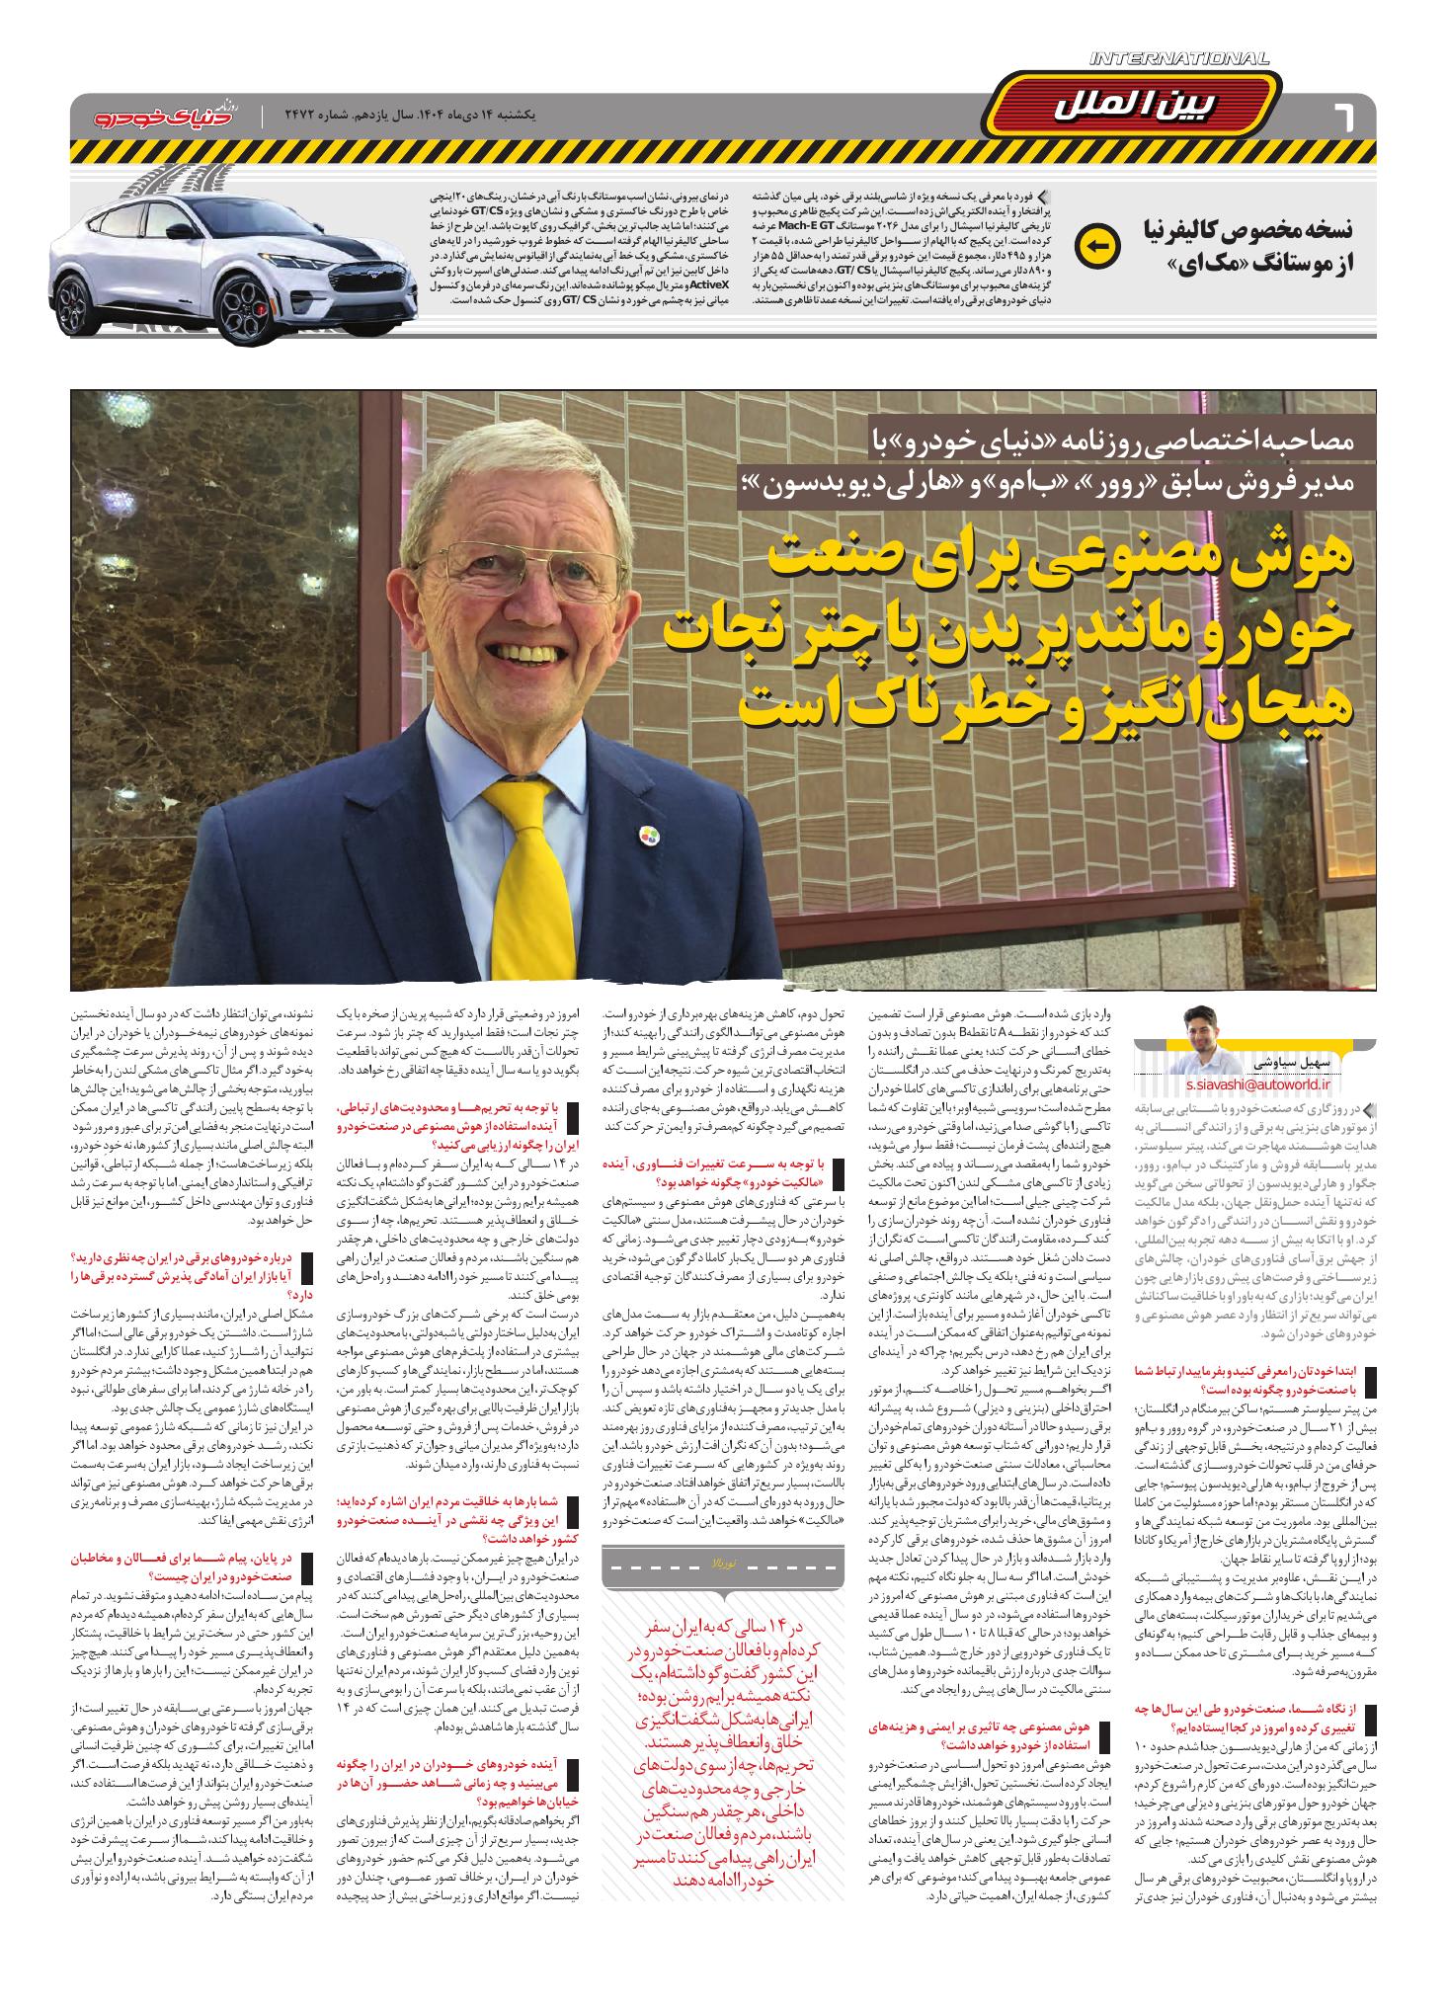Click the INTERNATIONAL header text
[1179, 60]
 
